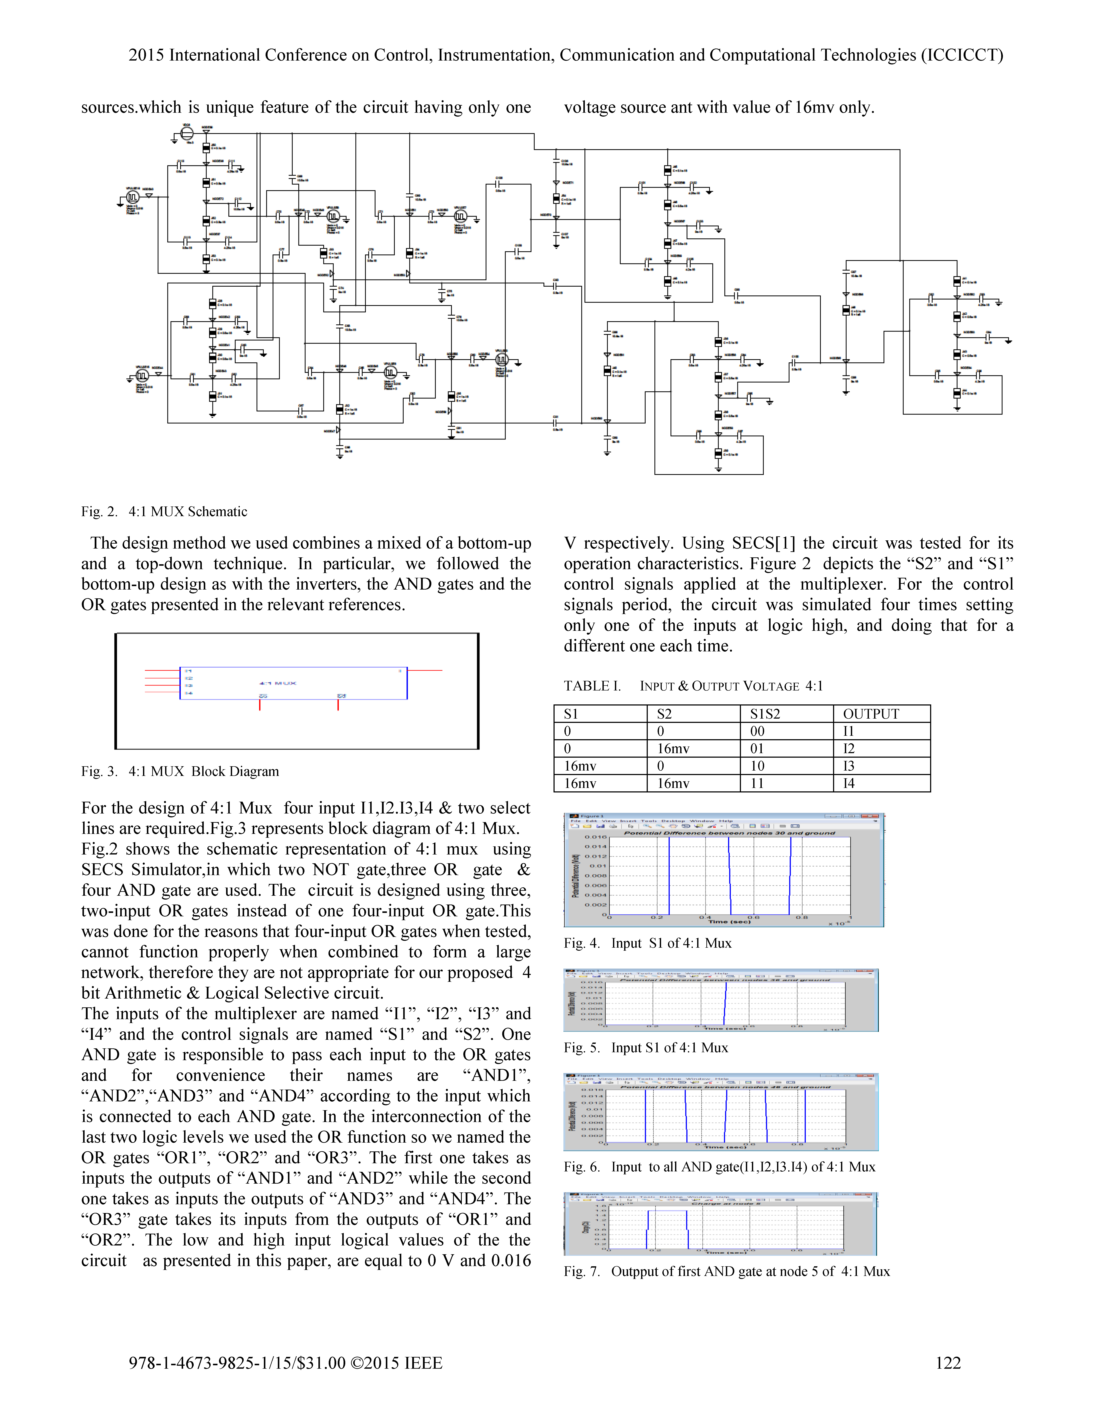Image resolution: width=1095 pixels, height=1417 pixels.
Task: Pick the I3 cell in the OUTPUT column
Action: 849,766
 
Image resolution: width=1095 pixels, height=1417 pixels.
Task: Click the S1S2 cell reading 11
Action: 757,783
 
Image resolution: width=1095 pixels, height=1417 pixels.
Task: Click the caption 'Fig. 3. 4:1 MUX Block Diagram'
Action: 180,771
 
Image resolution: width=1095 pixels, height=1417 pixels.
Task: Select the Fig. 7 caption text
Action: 727,1271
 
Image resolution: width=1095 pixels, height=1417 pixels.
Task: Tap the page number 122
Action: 948,1362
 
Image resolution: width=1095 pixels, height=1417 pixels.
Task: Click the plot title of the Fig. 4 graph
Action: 729,832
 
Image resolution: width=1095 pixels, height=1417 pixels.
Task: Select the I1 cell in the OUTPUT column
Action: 849,731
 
